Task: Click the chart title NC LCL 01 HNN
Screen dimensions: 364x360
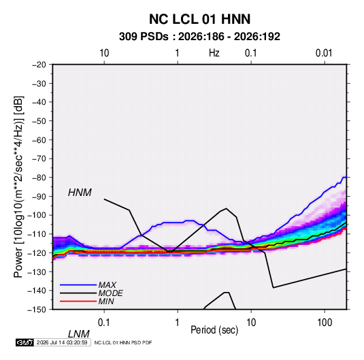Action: point(199,19)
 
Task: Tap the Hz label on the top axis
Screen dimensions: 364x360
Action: point(214,53)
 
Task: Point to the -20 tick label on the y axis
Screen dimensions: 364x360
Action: point(39,65)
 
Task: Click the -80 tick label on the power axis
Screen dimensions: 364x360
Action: point(39,178)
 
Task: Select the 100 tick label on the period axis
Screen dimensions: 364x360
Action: point(325,323)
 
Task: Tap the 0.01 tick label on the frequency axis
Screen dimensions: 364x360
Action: point(324,53)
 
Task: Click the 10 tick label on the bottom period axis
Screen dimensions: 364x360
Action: point(251,323)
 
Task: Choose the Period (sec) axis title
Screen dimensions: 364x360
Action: point(214,330)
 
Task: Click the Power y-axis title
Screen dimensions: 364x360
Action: point(18,186)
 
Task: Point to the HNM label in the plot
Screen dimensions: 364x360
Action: point(80,193)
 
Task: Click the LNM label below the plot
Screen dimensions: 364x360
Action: point(78,334)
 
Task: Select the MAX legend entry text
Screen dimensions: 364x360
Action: point(107,285)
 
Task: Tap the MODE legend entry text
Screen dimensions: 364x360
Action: point(110,293)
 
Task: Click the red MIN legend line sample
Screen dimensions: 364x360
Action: point(78,301)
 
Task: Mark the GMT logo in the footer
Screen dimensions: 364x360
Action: point(24,342)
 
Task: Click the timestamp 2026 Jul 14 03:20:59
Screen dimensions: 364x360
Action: point(62,342)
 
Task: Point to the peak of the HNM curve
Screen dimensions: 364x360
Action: point(226,208)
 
